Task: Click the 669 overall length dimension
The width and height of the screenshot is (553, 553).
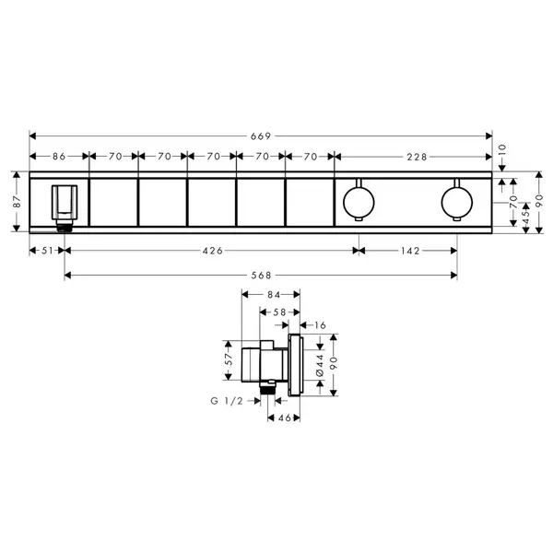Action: (x=261, y=136)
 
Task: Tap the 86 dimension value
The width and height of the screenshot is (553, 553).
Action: (x=59, y=157)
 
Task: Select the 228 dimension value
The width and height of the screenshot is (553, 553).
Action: (x=417, y=157)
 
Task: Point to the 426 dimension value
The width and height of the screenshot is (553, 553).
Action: (x=213, y=251)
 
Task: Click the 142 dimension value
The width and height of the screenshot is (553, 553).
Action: (x=410, y=251)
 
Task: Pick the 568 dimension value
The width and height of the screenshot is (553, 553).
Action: (x=262, y=275)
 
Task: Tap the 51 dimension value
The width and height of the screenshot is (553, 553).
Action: (x=47, y=251)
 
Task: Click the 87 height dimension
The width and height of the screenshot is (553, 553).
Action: (x=17, y=202)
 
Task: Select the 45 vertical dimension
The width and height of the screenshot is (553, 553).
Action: (x=525, y=214)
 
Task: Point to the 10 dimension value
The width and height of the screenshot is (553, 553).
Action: (x=502, y=150)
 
